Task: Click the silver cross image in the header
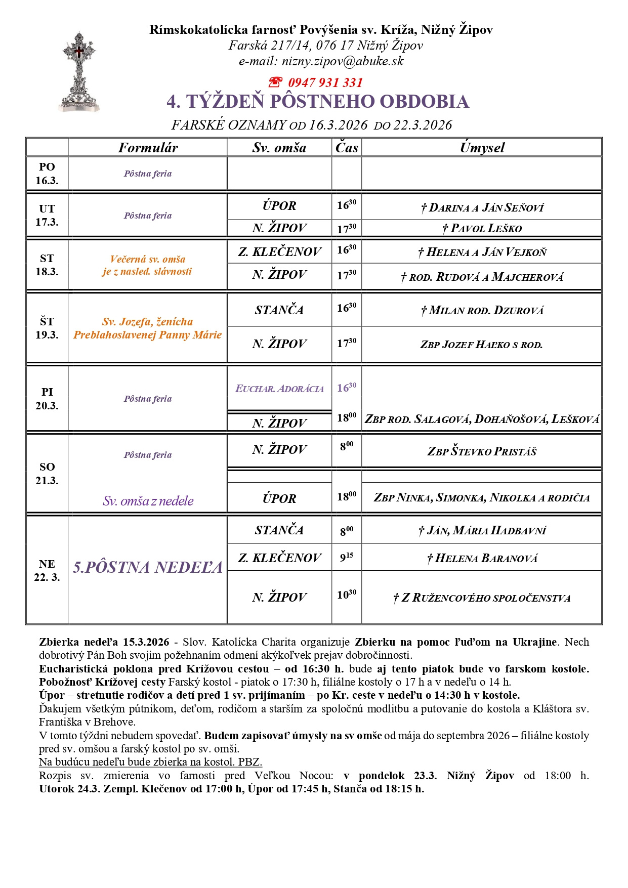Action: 79,72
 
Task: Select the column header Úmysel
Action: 482,148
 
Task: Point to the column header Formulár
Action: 148,148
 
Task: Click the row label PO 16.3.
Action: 47,174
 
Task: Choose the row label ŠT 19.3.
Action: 47,328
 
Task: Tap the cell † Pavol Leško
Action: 482,228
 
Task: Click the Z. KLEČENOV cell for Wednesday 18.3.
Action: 279,251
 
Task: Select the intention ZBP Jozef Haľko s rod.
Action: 481,345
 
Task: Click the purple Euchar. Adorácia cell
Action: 279,389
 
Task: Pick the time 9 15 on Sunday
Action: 347,558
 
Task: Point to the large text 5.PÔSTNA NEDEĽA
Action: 148,567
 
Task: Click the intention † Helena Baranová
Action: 482,558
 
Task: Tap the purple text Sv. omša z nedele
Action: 148,501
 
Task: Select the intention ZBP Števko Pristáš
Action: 482,451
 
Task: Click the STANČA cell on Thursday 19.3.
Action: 279,310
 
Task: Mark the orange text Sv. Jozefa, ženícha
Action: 148,322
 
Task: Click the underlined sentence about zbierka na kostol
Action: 150,762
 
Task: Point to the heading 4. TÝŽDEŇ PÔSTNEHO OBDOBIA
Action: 318,102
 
